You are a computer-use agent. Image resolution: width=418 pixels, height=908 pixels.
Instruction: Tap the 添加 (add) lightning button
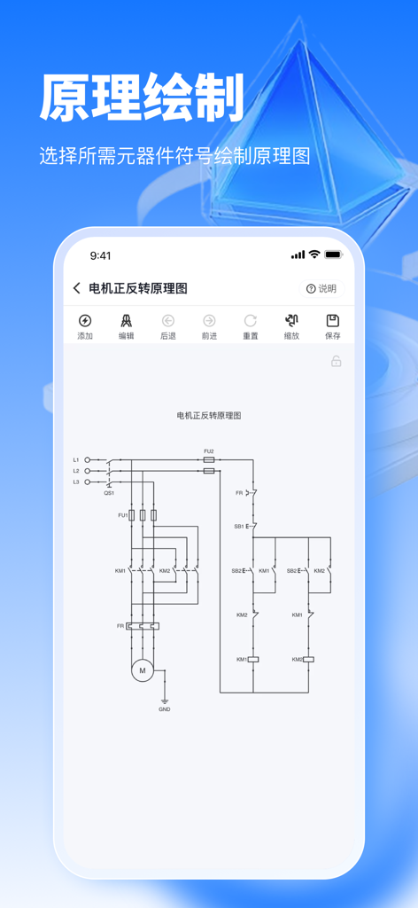[85, 321]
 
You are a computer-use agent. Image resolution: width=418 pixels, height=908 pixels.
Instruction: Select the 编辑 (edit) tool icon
[127, 321]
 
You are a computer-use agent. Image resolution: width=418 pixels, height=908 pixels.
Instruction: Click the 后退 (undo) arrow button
[167, 321]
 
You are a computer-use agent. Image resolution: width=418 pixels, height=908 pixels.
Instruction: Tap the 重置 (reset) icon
[251, 321]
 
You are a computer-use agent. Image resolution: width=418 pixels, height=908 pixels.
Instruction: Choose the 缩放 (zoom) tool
[291, 321]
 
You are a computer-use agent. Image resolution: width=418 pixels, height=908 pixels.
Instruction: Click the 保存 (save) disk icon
[333, 321]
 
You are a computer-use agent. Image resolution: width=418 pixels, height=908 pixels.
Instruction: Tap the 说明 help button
[321, 288]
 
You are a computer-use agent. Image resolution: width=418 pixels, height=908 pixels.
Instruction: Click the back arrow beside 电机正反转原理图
[77, 288]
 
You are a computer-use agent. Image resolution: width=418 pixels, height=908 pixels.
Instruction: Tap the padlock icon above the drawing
[337, 362]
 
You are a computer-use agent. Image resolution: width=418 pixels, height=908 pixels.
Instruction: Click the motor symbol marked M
[142, 671]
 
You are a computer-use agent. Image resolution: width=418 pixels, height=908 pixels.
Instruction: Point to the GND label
[165, 709]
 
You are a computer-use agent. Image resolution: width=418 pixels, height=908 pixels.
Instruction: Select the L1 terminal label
[76, 459]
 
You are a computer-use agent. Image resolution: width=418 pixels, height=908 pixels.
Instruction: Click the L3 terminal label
[76, 481]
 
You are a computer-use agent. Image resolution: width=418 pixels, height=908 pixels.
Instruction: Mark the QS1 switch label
[109, 492]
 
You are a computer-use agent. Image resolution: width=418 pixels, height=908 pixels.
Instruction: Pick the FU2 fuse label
[209, 451]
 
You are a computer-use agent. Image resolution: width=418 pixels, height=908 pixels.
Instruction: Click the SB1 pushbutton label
[238, 526]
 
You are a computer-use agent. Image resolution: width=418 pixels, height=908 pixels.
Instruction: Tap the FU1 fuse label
[122, 515]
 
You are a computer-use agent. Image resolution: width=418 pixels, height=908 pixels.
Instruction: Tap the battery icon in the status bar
[333, 254]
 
